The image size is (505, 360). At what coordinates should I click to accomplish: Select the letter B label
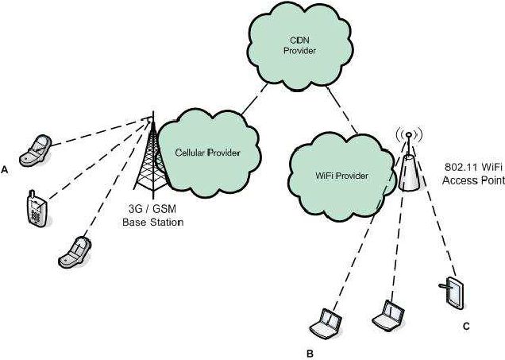point(311,350)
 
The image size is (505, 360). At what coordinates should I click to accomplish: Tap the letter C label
point(466,327)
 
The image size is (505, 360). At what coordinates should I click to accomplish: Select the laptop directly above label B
point(326,322)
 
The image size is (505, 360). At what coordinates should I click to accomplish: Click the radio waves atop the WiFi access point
point(408,133)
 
